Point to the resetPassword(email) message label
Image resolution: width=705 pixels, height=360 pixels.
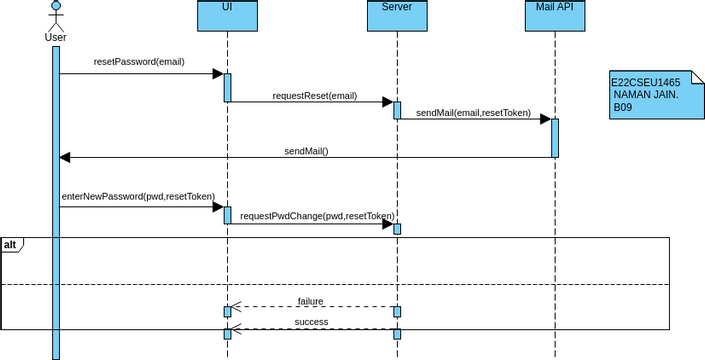139,62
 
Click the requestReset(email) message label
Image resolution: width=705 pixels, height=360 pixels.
315,96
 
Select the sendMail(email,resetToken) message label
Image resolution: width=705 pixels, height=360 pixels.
473,112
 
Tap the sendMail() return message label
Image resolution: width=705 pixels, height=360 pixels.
306,151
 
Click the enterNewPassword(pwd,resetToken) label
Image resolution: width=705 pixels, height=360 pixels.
138,197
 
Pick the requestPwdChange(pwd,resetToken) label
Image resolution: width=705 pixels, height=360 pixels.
317,215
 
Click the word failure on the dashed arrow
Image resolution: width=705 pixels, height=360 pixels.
310,300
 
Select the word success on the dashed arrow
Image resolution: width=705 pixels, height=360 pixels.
311,322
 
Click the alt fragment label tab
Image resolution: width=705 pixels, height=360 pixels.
11,244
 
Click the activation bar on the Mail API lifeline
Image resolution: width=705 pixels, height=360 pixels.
554,138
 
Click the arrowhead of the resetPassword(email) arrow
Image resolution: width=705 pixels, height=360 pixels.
216,73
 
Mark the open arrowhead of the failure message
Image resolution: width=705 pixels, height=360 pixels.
236,307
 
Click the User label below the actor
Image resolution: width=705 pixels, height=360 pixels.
56,38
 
